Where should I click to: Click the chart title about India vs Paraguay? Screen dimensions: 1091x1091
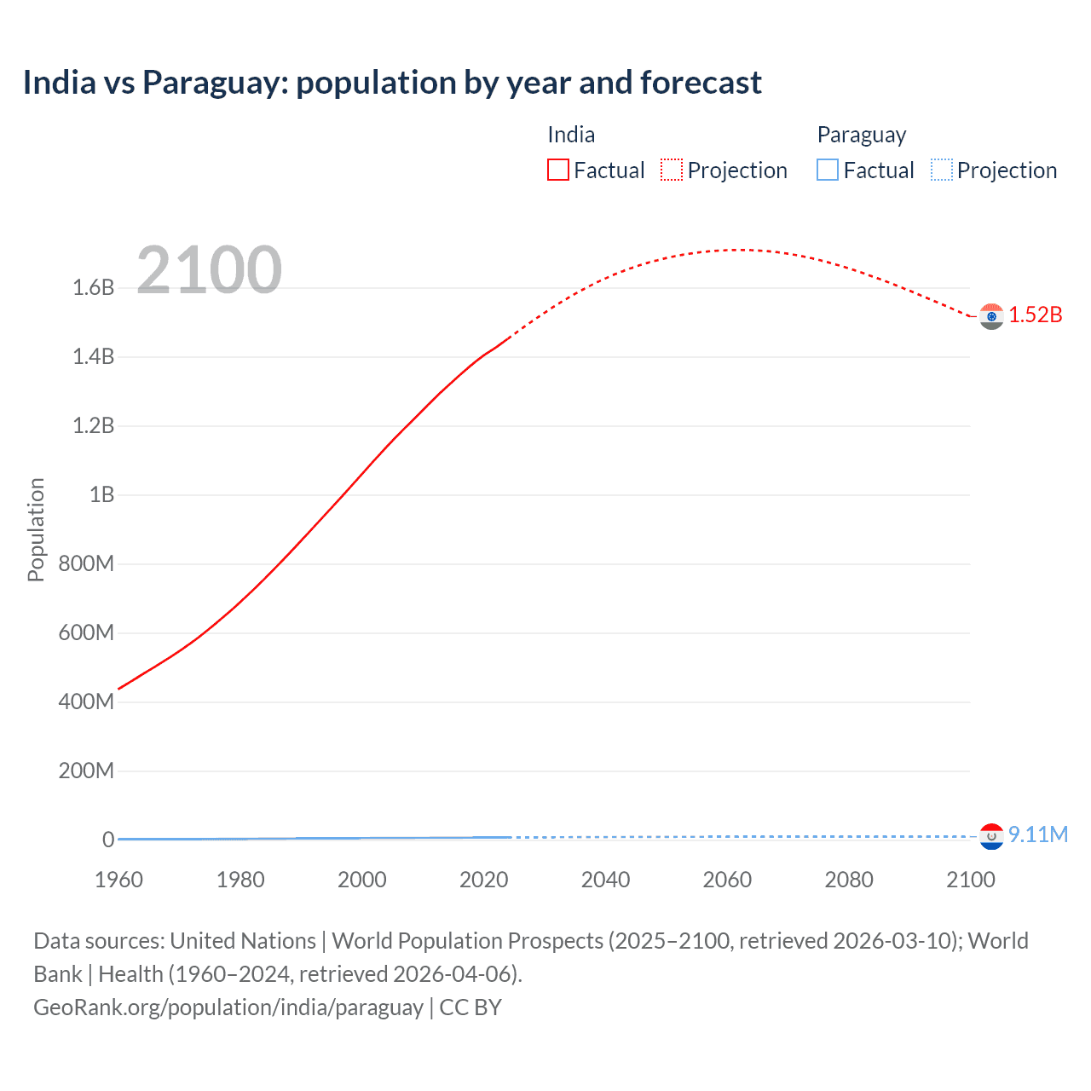392,83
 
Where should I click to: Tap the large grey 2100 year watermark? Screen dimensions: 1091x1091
209,270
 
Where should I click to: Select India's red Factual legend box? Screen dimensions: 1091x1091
558,170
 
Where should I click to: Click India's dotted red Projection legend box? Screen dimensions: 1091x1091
672,170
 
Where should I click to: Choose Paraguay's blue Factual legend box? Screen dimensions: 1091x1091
828,170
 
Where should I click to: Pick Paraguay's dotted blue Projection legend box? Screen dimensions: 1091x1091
941,170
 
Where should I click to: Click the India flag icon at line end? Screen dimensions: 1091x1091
991,316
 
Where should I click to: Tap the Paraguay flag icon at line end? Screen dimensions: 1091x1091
991,836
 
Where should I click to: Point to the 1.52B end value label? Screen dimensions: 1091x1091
1036,315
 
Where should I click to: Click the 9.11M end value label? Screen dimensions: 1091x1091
1038,834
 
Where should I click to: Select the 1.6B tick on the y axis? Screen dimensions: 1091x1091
94,287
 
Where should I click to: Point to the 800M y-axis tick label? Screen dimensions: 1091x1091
86,563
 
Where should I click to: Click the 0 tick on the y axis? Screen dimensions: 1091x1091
108,840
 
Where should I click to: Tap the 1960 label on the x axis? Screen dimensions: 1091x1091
118,880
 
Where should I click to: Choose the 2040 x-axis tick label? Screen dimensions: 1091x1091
605,880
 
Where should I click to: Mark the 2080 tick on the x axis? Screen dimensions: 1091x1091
849,880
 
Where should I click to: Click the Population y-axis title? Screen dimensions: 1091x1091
36,529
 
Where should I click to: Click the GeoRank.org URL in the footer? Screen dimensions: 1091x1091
228,1007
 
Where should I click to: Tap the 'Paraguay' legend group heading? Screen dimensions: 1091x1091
861,135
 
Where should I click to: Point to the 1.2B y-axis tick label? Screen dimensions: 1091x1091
94,425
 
